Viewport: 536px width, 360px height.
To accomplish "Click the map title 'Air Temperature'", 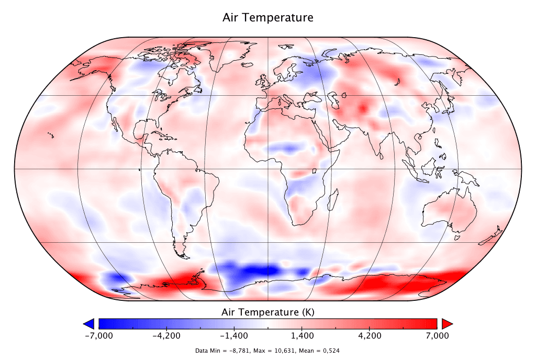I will [x=268, y=17].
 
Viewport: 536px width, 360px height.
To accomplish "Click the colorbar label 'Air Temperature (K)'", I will [x=268, y=312].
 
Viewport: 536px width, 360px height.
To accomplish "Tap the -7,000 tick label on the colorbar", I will [x=98, y=335].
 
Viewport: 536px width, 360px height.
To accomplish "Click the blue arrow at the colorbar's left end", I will [x=89, y=323].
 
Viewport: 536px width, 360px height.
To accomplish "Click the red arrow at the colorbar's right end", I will [x=446, y=323].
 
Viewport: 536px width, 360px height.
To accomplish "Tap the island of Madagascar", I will [x=333, y=201].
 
